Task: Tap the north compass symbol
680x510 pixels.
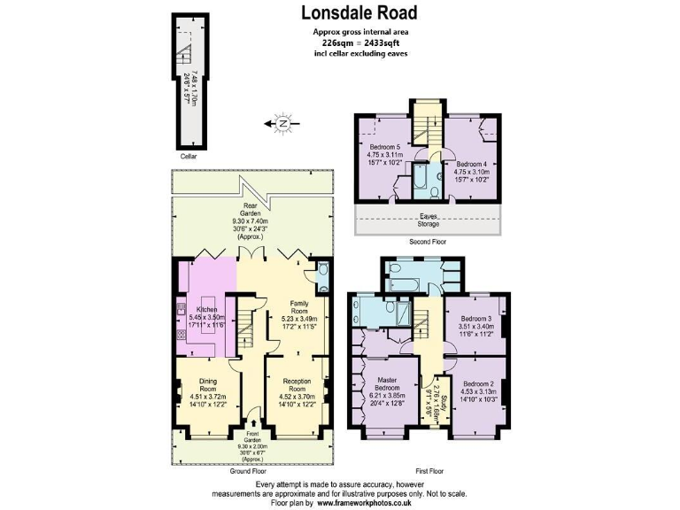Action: pos(282,123)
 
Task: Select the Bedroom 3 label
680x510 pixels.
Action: pos(475,318)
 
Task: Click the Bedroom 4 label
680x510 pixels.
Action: pos(471,164)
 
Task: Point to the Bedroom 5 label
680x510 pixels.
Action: pos(385,146)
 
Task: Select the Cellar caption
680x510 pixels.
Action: pos(188,156)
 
